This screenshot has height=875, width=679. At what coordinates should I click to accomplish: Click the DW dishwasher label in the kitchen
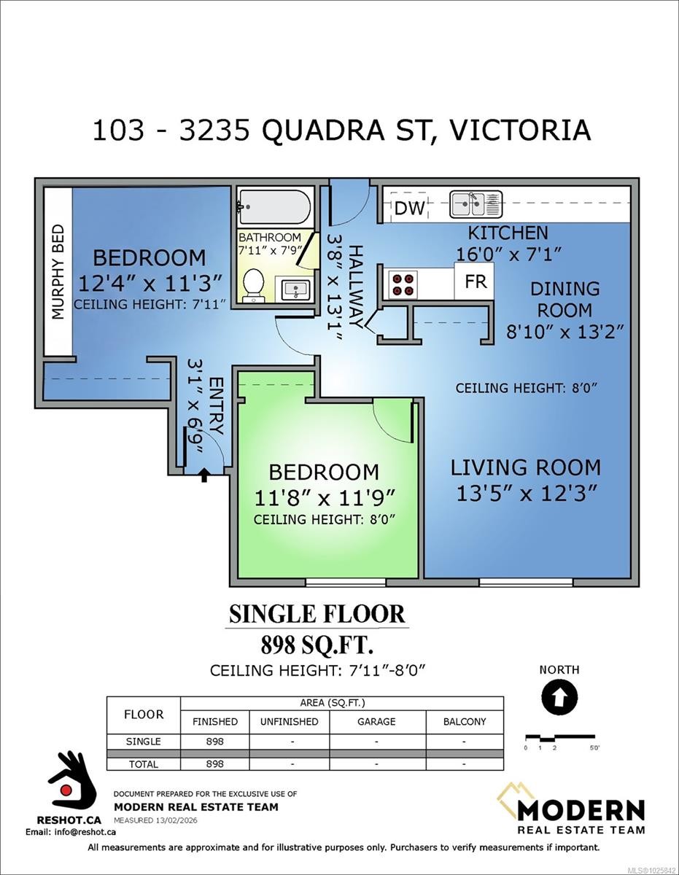point(410,209)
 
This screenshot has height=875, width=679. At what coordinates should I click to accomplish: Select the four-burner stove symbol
point(403,284)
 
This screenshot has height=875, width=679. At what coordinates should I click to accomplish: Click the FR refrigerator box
point(474,281)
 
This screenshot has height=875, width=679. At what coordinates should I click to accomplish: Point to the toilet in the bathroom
point(254,284)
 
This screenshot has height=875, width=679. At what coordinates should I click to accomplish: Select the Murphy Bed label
point(58,272)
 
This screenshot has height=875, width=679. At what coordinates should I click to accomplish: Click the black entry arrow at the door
point(204,475)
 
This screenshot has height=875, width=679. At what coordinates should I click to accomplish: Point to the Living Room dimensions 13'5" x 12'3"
point(526,493)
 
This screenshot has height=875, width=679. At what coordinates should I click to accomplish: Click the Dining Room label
point(565,300)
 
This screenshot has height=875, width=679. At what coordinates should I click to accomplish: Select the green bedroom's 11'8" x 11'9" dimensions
point(325,498)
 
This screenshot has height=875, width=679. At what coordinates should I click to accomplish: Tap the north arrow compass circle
point(559,696)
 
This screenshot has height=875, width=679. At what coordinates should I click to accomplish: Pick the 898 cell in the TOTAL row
point(214,763)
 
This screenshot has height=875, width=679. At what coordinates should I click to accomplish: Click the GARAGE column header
point(376,721)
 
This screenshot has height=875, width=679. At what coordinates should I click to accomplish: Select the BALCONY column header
point(465,721)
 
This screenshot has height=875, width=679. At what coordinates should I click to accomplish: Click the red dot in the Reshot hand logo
point(66,790)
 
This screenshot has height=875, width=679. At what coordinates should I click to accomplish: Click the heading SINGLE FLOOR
point(317,614)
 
